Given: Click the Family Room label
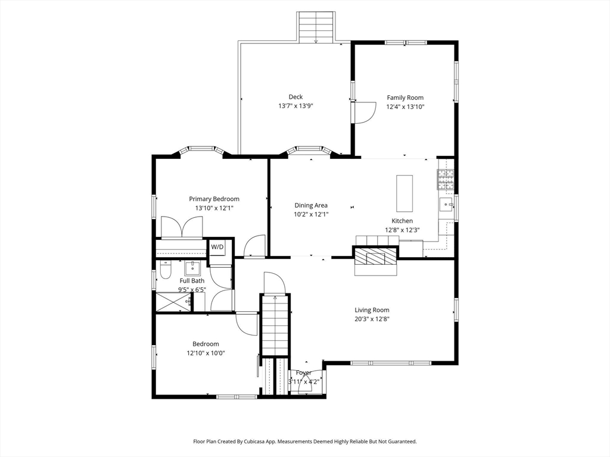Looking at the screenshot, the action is (x=405, y=98).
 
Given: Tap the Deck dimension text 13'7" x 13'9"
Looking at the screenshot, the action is (x=295, y=106).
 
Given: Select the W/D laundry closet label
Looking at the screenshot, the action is (x=217, y=247).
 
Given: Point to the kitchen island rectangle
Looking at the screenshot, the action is (x=404, y=193).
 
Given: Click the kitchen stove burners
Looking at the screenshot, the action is (x=446, y=180).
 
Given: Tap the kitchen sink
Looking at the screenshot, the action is (x=447, y=204).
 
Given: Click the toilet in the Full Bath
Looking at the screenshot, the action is (x=165, y=270).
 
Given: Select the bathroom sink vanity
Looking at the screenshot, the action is (x=192, y=268).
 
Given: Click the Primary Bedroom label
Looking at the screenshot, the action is (x=214, y=199).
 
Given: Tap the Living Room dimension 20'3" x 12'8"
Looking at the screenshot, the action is (x=372, y=319).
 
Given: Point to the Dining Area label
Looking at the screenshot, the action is (x=311, y=205).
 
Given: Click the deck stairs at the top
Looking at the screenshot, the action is (x=316, y=27).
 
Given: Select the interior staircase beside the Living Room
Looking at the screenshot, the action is (x=275, y=324).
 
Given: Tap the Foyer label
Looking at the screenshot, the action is (x=303, y=373).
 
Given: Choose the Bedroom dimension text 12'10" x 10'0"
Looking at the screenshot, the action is (x=206, y=353).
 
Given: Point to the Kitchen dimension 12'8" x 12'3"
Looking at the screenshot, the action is (x=402, y=230).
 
